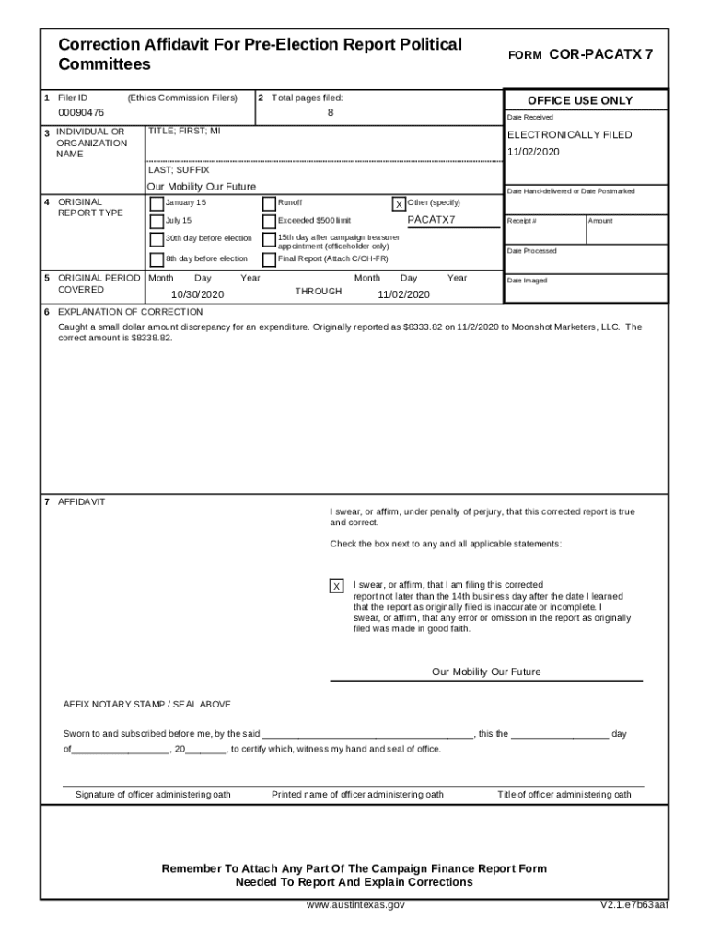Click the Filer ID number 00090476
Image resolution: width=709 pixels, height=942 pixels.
[81, 112]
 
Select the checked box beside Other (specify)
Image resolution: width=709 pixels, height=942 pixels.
[399, 204]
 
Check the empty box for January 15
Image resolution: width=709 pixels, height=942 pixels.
[157, 203]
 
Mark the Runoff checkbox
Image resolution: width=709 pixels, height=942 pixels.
[269, 203]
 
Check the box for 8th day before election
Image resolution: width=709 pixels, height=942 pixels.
[157, 259]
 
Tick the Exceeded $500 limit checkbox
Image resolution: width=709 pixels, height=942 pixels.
[269, 222]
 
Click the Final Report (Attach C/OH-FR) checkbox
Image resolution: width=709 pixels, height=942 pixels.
[269, 259]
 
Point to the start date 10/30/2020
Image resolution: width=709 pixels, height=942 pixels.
[198, 294]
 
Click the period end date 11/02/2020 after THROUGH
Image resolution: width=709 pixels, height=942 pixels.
[404, 294]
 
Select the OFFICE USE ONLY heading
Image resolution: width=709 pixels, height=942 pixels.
[580, 100]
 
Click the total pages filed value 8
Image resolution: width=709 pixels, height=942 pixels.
[331, 112]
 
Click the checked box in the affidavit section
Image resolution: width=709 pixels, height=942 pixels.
[337, 586]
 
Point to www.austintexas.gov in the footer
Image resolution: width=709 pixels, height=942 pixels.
[355, 905]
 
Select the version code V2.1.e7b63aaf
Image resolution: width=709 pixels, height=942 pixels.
[633, 905]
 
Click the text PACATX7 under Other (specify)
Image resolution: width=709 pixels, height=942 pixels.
[431, 220]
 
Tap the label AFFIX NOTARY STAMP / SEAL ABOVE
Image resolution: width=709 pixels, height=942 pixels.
[146, 705]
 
